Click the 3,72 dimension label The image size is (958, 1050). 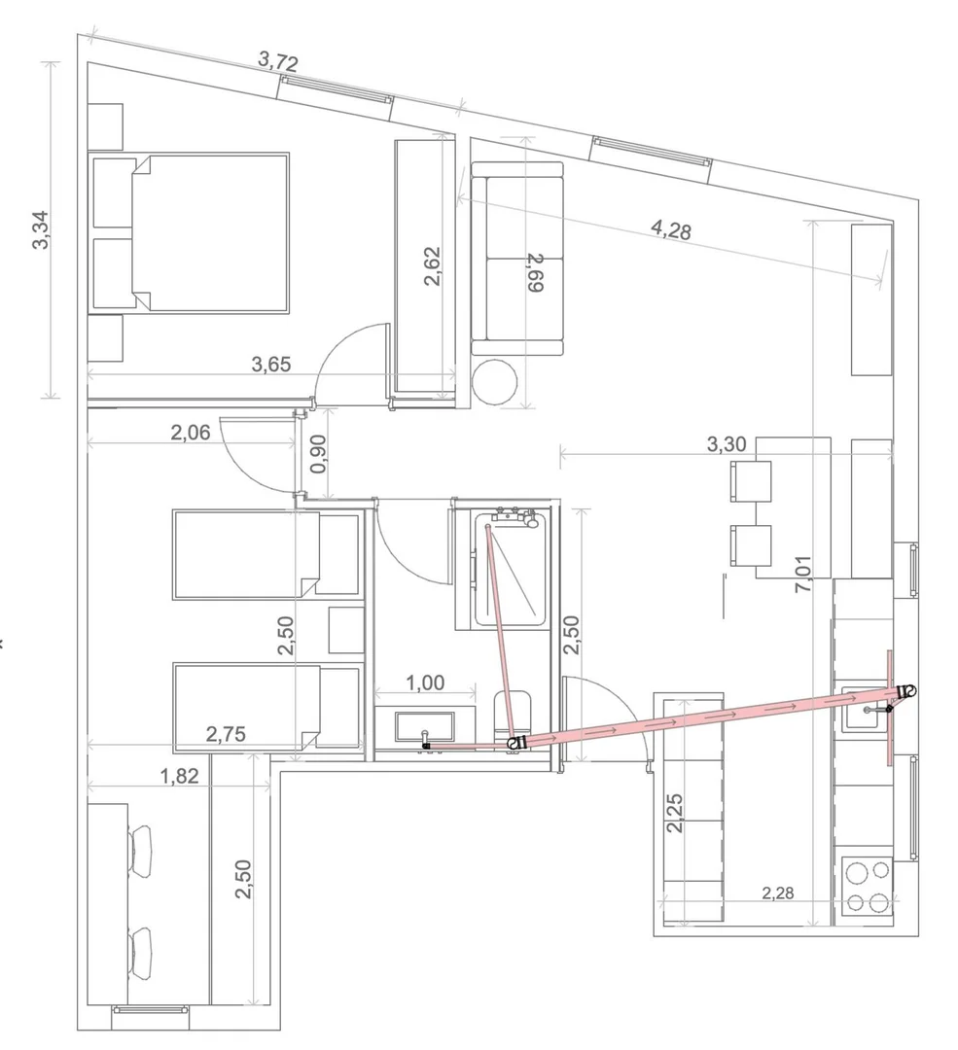coord(277,62)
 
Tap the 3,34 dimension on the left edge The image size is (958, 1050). coord(42,229)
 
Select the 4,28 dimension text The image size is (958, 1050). coord(671,229)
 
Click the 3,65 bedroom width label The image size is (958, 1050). coord(271,365)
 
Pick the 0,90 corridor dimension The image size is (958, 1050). coord(319,453)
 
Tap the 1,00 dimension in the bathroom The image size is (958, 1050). coord(425,682)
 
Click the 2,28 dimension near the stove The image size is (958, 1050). coord(778,892)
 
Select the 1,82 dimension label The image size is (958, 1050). coord(179,776)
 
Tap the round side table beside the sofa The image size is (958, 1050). coord(494,382)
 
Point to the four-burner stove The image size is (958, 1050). coord(867,888)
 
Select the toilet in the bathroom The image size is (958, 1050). coord(514,717)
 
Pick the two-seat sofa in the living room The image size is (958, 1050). coord(517,258)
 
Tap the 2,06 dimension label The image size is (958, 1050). coord(191,433)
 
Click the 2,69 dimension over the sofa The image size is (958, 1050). coord(535,272)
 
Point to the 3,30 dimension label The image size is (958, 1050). coord(727,444)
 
